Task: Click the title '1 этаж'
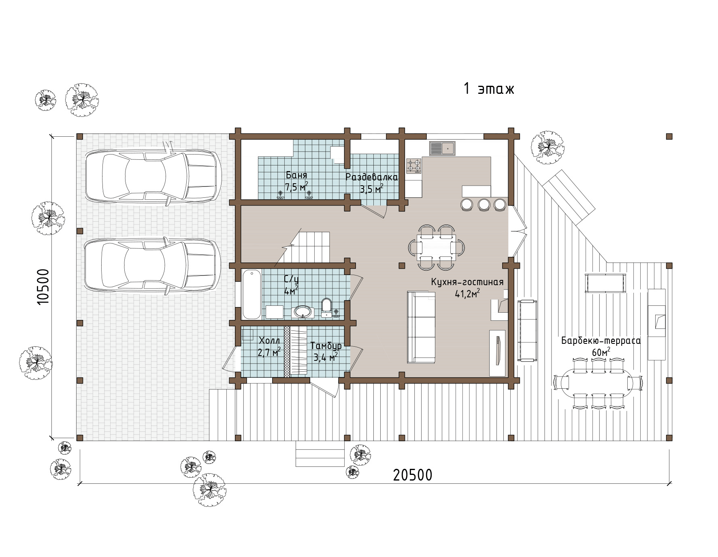(488, 89)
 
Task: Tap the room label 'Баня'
(296, 176)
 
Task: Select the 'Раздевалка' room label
(372, 177)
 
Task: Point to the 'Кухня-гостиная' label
(467, 282)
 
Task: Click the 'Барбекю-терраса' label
(601, 341)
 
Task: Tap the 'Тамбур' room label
(326, 346)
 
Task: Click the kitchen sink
(442, 148)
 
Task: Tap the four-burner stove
(414, 165)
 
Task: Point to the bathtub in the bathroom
(251, 294)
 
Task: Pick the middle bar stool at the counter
(484, 205)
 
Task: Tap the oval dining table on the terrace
(597, 382)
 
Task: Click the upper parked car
(153, 176)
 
